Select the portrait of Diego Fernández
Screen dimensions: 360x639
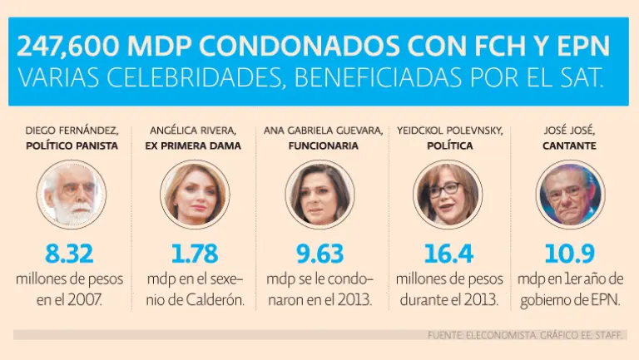point(72,193)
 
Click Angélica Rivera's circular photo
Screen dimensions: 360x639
point(194,193)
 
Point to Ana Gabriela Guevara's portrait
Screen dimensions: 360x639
point(319,193)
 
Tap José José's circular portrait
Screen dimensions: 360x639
point(570,193)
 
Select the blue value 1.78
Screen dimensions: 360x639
point(194,253)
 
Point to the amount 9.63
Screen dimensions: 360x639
point(319,253)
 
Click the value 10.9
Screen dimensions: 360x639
point(570,253)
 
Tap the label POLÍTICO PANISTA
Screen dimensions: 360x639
point(72,145)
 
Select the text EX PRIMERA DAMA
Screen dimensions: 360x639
point(194,145)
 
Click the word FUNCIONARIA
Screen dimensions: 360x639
point(323,145)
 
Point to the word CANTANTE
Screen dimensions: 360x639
point(570,145)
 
